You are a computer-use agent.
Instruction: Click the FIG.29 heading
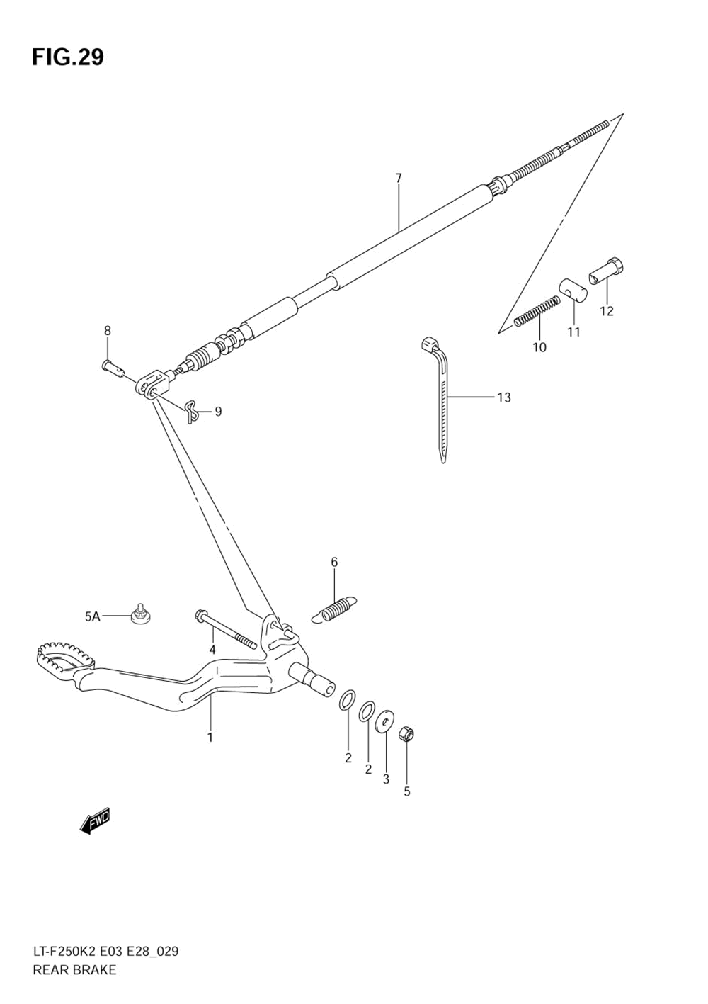(67, 57)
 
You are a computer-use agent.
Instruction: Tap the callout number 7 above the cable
(399, 178)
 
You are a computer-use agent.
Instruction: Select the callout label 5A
(93, 616)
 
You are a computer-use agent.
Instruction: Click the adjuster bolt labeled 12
(607, 271)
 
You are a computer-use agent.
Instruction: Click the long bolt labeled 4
(224, 630)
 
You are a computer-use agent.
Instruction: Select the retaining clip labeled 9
(192, 410)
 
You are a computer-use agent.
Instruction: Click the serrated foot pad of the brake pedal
(64, 655)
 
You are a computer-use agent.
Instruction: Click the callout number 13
(503, 397)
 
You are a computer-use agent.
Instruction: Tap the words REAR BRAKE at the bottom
(74, 970)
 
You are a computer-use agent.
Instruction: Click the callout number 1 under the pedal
(210, 737)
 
